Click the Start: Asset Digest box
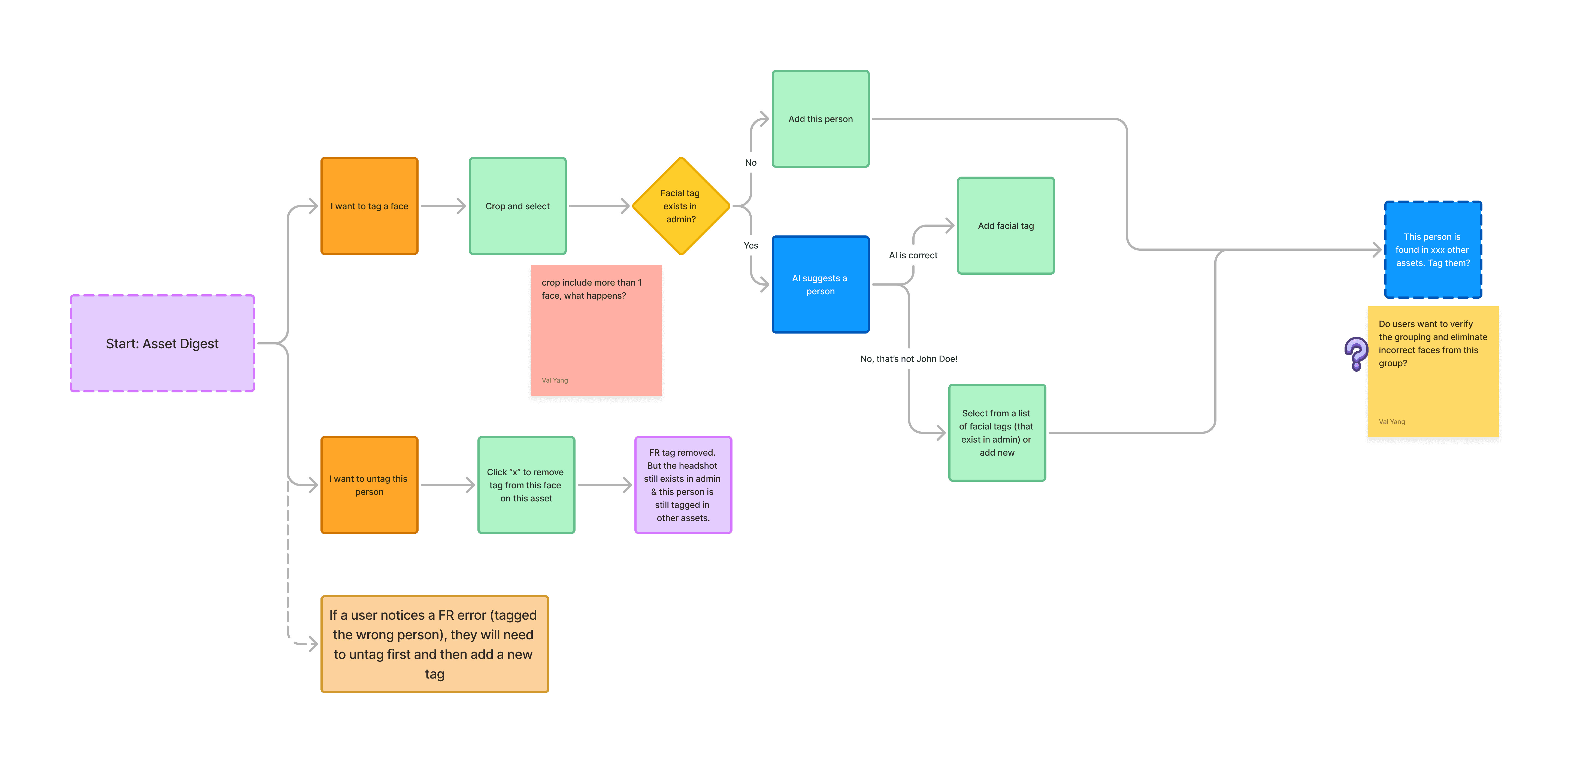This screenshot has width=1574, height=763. [x=162, y=343]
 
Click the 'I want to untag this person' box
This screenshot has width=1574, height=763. [x=369, y=485]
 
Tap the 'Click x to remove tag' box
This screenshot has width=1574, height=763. [x=525, y=485]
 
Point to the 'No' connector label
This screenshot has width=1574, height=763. [x=750, y=162]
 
